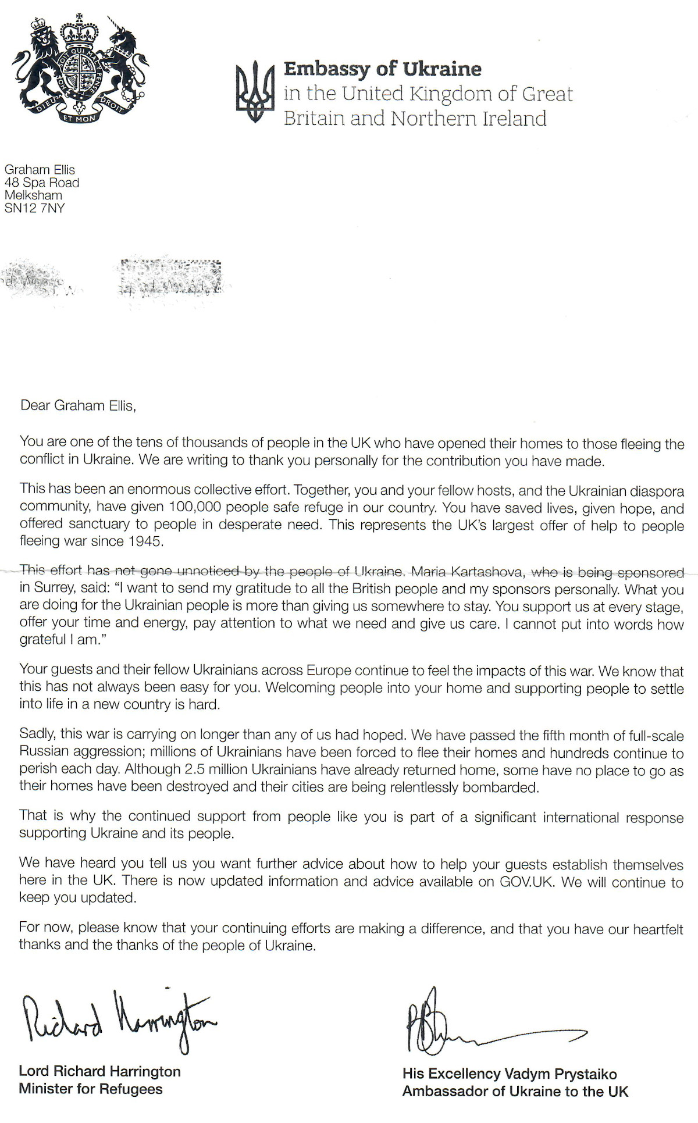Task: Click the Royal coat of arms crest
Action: click(80, 70)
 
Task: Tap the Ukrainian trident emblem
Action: click(254, 92)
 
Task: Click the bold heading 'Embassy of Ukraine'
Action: click(382, 69)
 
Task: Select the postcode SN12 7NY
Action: click(34, 208)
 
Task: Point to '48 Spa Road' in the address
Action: click(42, 183)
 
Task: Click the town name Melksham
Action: click(33, 195)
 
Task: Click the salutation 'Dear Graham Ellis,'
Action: click(78, 405)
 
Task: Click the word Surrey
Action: click(54, 588)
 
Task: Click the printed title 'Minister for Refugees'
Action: click(91, 1089)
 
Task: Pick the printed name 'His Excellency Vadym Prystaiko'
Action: click(510, 1074)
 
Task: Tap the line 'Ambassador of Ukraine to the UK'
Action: click(515, 1091)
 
